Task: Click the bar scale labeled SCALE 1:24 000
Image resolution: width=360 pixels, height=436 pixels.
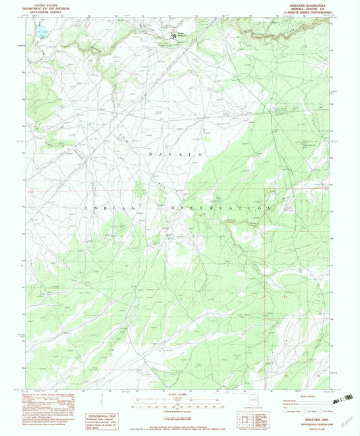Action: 180,403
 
